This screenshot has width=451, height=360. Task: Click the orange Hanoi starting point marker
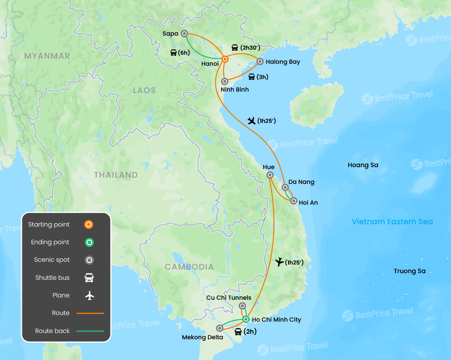(x=225, y=59)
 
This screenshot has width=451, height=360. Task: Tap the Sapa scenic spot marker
(x=184, y=34)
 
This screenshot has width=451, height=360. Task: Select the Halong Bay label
(x=283, y=62)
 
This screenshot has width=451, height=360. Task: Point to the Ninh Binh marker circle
(x=225, y=81)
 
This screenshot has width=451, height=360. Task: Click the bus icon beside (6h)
(x=173, y=52)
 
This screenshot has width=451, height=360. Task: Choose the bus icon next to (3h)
(x=252, y=77)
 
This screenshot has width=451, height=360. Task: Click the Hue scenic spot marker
(x=270, y=175)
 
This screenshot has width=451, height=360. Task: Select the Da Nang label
(x=301, y=182)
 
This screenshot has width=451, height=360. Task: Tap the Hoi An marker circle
(x=294, y=201)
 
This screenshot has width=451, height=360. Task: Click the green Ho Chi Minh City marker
(x=245, y=319)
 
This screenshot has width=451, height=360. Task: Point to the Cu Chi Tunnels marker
(x=242, y=306)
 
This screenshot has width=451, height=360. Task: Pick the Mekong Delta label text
(x=202, y=337)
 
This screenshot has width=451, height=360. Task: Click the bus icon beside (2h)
(x=238, y=332)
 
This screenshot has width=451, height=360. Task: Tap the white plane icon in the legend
(x=90, y=295)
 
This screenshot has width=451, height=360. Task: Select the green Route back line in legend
(x=90, y=331)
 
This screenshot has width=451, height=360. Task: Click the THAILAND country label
(x=116, y=175)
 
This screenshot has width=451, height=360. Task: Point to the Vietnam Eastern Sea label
(x=392, y=222)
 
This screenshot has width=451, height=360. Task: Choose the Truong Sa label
(x=410, y=271)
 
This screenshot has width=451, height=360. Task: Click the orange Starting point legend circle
(x=89, y=225)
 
